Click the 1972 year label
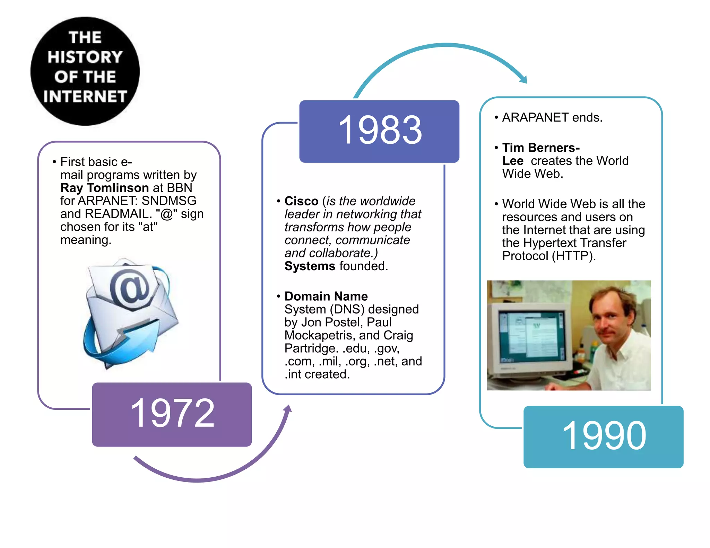point(172,413)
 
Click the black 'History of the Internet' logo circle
point(85,71)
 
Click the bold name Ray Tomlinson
point(104,188)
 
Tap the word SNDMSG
point(169,201)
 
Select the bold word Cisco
point(301,201)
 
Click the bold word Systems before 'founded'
point(310,266)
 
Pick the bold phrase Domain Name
point(326,296)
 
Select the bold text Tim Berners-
point(541,148)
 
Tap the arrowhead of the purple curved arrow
point(288,409)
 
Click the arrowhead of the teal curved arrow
point(523,80)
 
